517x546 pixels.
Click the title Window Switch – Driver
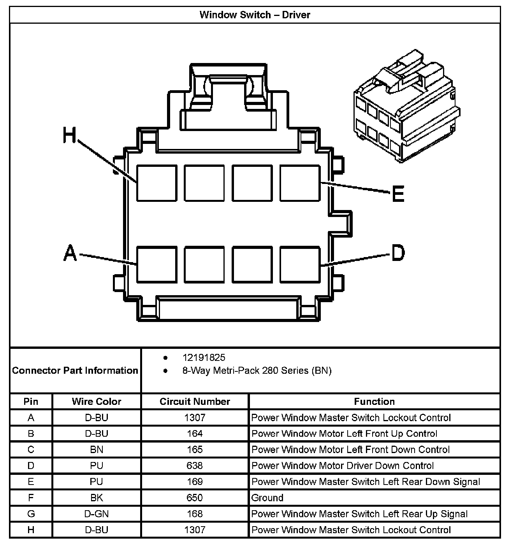[x=255, y=15]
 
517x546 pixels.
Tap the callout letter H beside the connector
[x=70, y=136]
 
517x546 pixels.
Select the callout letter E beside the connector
[x=398, y=193]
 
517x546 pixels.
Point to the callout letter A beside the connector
[x=70, y=253]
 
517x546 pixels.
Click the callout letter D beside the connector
[x=398, y=253]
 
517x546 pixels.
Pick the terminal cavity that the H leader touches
[x=157, y=183]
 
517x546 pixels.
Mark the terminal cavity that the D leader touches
[x=300, y=264]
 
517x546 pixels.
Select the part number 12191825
[x=204, y=357]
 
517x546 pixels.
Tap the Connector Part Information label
[x=75, y=370]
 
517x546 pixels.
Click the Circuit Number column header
[x=195, y=401]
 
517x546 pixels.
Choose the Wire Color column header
[x=97, y=401]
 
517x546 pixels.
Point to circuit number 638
[x=195, y=465]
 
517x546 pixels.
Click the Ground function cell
[x=267, y=498]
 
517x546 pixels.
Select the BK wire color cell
[x=97, y=498]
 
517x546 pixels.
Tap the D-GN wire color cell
[x=97, y=514]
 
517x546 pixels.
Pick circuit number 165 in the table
[x=195, y=450]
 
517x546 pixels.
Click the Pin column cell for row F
[x=31, y=498]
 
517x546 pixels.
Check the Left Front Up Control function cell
[x=344, y=434]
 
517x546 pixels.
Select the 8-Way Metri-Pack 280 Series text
[x=257, y=371]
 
